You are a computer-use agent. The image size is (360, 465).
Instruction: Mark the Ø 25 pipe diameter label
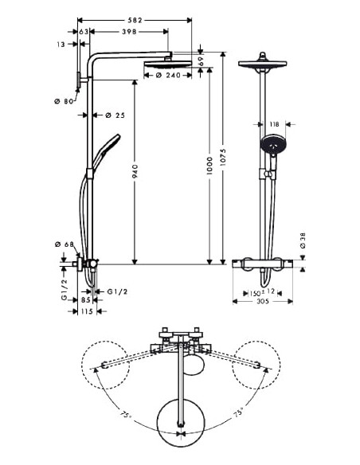[x=115, y=115]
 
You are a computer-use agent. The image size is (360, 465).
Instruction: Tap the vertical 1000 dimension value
[x=209, y=167]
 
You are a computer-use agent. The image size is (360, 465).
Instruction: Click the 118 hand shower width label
[x=273, y=124]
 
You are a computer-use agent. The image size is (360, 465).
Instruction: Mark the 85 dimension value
[x=86, y=300]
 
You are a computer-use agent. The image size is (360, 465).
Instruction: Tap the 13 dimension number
[x=63, y=46]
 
